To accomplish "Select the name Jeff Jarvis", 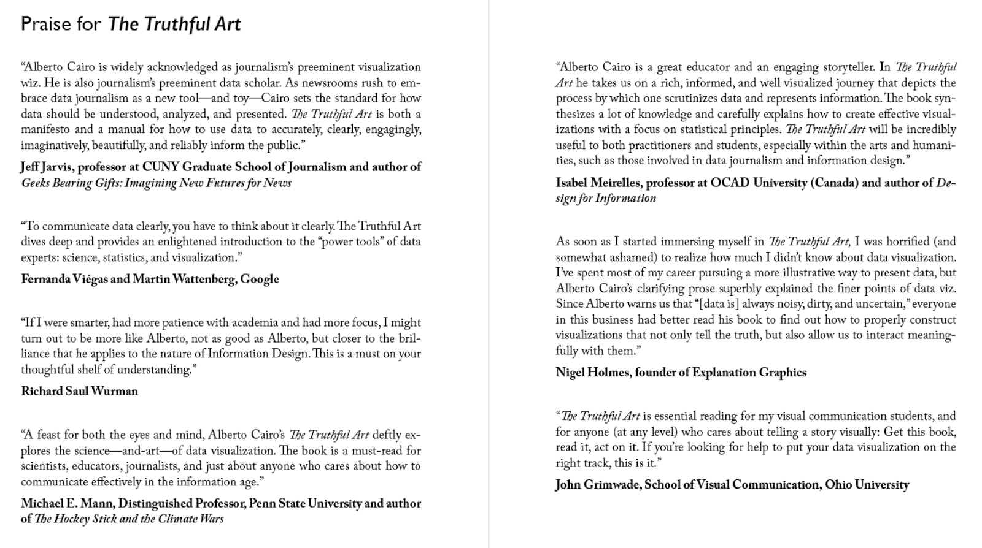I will (x=47, y=167).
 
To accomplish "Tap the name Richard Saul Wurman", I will (x=79, y=391).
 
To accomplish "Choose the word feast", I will (x=50, y=435).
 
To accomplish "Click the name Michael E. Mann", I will (x=67, y=503).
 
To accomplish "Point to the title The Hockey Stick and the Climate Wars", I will (x=129, y=519).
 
